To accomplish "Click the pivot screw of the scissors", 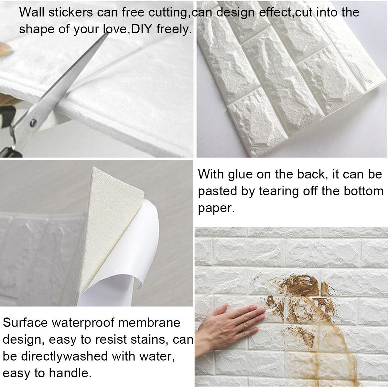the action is pyautogui.click(x=33, y=123).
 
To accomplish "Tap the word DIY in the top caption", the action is pyautogui.click(x=141, y=29).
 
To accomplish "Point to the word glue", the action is pyautogui.click(x=240, y=174).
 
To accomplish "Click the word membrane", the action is pyautogui.click(x=149, y=322).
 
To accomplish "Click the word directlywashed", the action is pyautogui.click(x=64, y=356).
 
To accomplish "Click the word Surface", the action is pyautogui.click(x=25, y=322).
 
